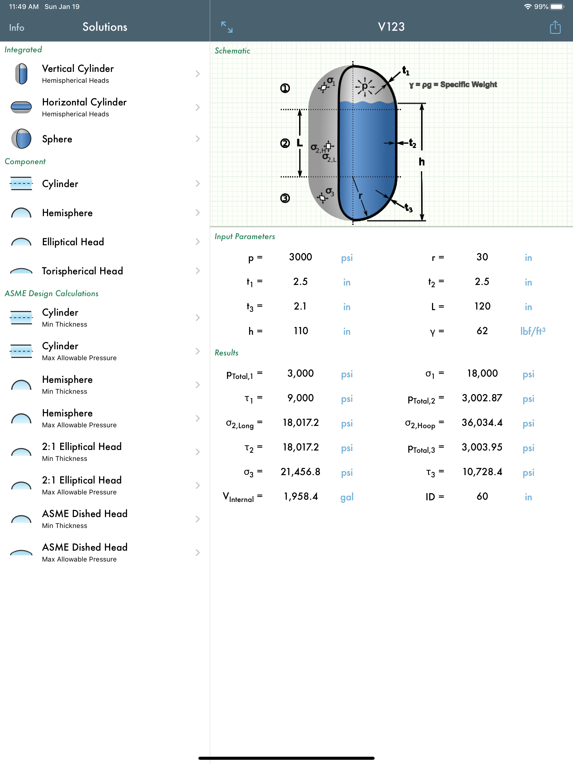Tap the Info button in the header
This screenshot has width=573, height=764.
coord(17,27)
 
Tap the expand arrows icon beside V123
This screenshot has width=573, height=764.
coord(227,27)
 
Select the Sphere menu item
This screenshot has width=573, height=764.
coord(57,139)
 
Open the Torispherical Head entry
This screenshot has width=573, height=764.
coord(82,271)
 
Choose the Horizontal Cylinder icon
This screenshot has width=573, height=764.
coord(21,107)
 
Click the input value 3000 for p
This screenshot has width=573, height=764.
coord(300,257)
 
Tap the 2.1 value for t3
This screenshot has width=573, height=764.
coord(300,306)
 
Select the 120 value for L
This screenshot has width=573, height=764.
coord(482,306)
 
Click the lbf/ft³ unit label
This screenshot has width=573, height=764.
coord(532,331)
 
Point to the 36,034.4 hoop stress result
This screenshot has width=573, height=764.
coord(482,423)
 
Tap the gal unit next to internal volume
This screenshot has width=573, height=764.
coord(347,497)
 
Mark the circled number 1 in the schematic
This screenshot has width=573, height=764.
coord(285,88)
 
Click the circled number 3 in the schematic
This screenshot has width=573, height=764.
coord(285,198)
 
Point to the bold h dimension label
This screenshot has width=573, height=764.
coord(422,162)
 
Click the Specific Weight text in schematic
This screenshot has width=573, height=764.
coord(468,85)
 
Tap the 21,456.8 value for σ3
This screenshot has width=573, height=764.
coord(300,472)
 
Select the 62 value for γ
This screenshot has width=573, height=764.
coord(482,331)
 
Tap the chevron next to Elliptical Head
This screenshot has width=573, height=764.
coord(197,242)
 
